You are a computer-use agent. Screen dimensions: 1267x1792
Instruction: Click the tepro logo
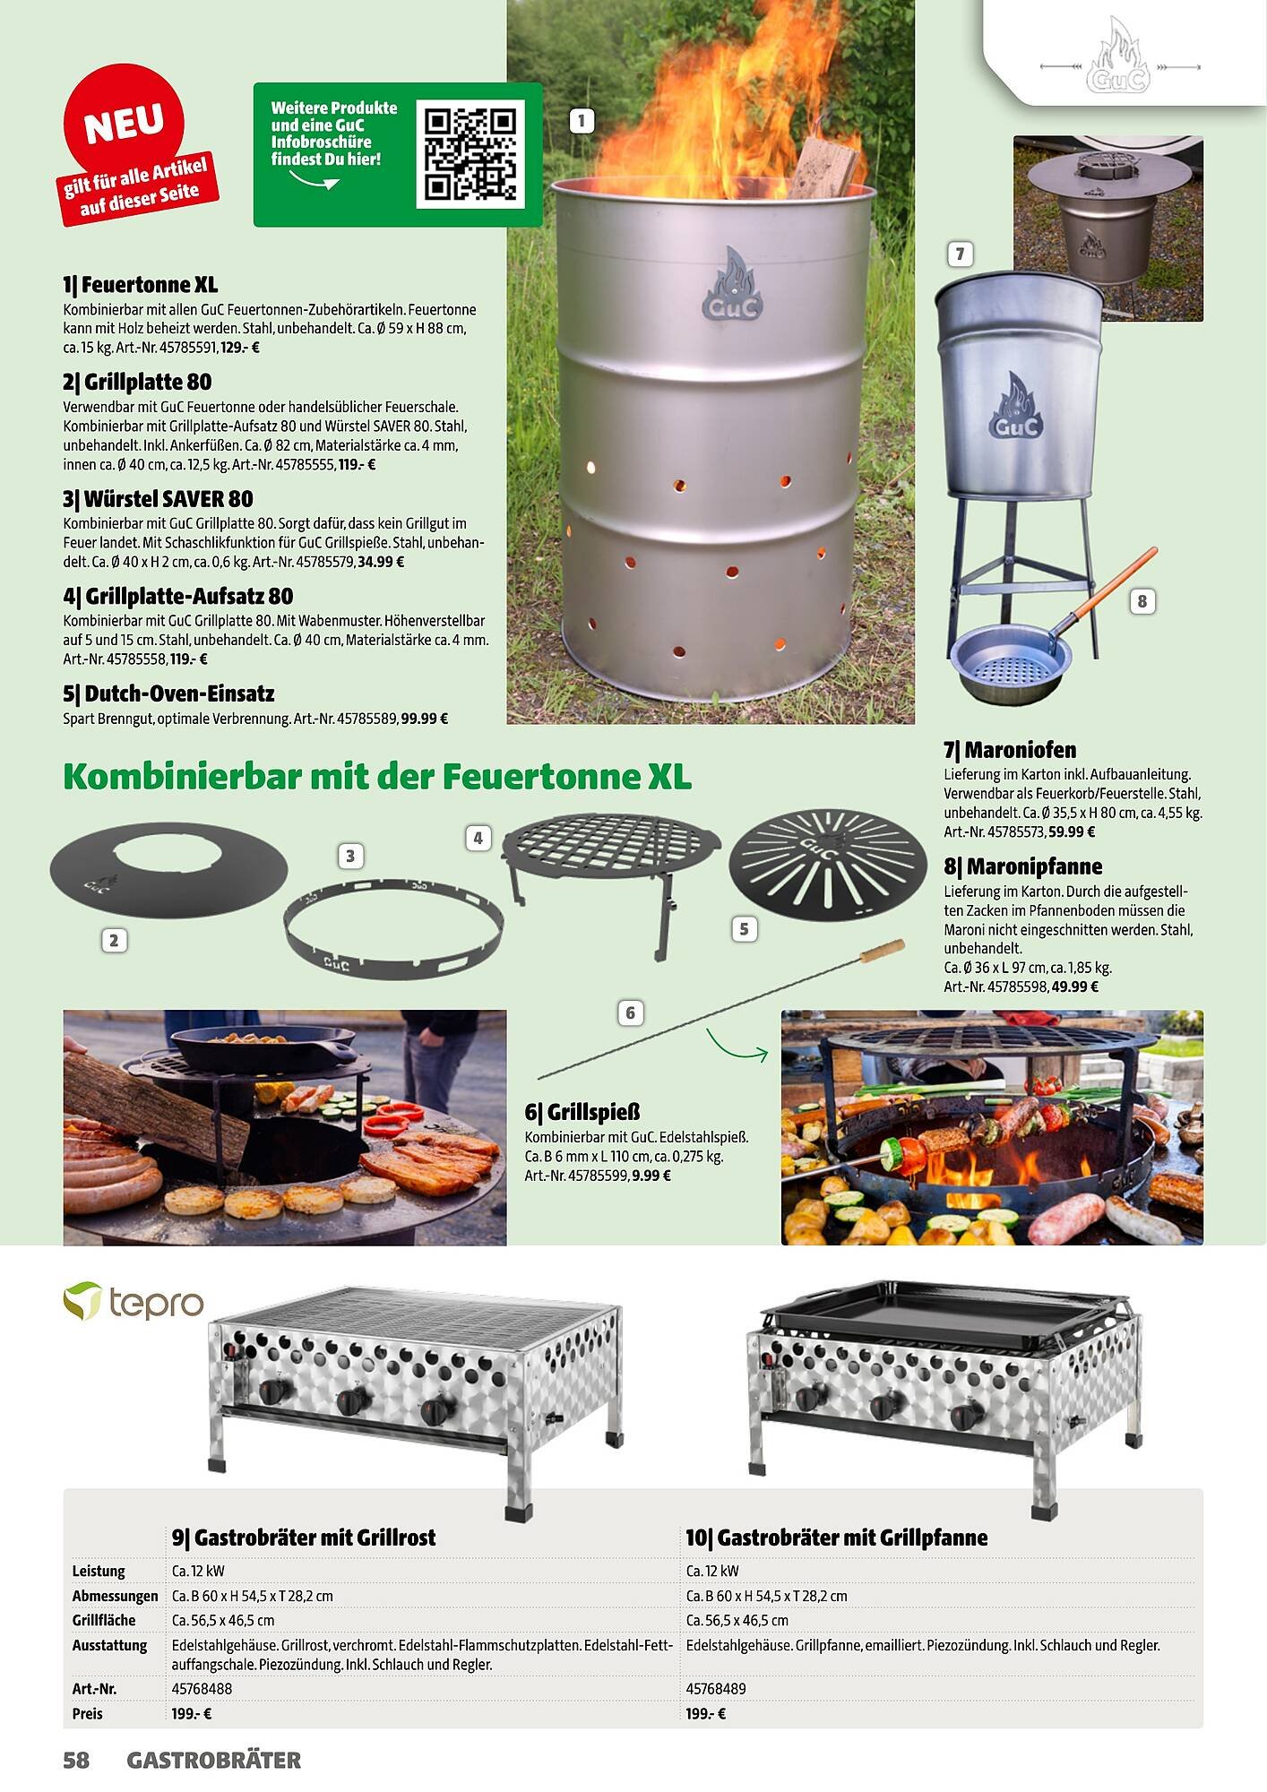pos(134,1302)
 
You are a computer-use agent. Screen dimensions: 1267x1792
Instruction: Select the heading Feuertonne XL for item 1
pos(140,286)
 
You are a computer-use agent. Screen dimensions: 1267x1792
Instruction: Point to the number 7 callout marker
pos(960,254)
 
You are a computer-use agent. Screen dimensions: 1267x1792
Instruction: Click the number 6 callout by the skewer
pos(630,1012)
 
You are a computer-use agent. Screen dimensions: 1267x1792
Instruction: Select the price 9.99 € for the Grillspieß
pos(651,1176)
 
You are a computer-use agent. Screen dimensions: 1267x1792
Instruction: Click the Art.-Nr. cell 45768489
pos(716,1688)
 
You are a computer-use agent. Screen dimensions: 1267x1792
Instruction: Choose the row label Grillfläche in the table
pos(104,1620)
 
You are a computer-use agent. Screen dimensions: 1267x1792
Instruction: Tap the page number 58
pos(76,1761)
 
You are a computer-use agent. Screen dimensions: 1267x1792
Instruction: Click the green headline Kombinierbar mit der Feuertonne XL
pos(377,776)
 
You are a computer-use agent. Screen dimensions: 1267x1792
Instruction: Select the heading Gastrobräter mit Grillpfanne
pos(837,1538)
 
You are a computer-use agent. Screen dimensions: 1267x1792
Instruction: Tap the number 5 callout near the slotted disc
pos(743,929)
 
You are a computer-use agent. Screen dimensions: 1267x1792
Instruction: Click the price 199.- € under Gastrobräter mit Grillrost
pos(192,1714)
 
